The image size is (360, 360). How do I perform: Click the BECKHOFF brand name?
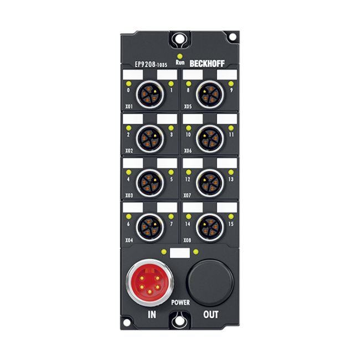click(x=207, y=64)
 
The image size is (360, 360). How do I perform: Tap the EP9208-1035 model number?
click(x=151, y=65)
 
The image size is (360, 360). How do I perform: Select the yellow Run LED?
click(x=180, y=56)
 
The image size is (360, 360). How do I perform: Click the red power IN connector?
click(x=150, y=283)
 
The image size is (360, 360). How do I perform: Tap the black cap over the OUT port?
click(x=210, y=283)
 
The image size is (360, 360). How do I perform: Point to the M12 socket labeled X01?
click(x=150, y=94)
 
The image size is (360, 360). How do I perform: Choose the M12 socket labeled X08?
click(x=210, y=227)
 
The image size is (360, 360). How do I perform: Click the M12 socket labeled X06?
click(x=210, y=138)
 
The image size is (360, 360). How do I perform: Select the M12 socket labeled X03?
click(x=150, y=183)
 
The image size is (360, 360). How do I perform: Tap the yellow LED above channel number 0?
click(x=128, y=84)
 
